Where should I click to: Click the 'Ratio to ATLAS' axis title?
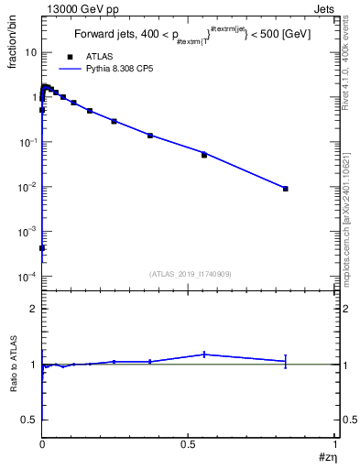point(14,365)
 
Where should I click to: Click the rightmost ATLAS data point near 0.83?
point(286,189)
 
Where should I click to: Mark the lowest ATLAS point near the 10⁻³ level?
point(42,248)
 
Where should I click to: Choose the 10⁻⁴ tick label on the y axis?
point(27,277)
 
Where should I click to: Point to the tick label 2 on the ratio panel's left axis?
point(33,310)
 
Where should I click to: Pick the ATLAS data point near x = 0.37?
point(150,136)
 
